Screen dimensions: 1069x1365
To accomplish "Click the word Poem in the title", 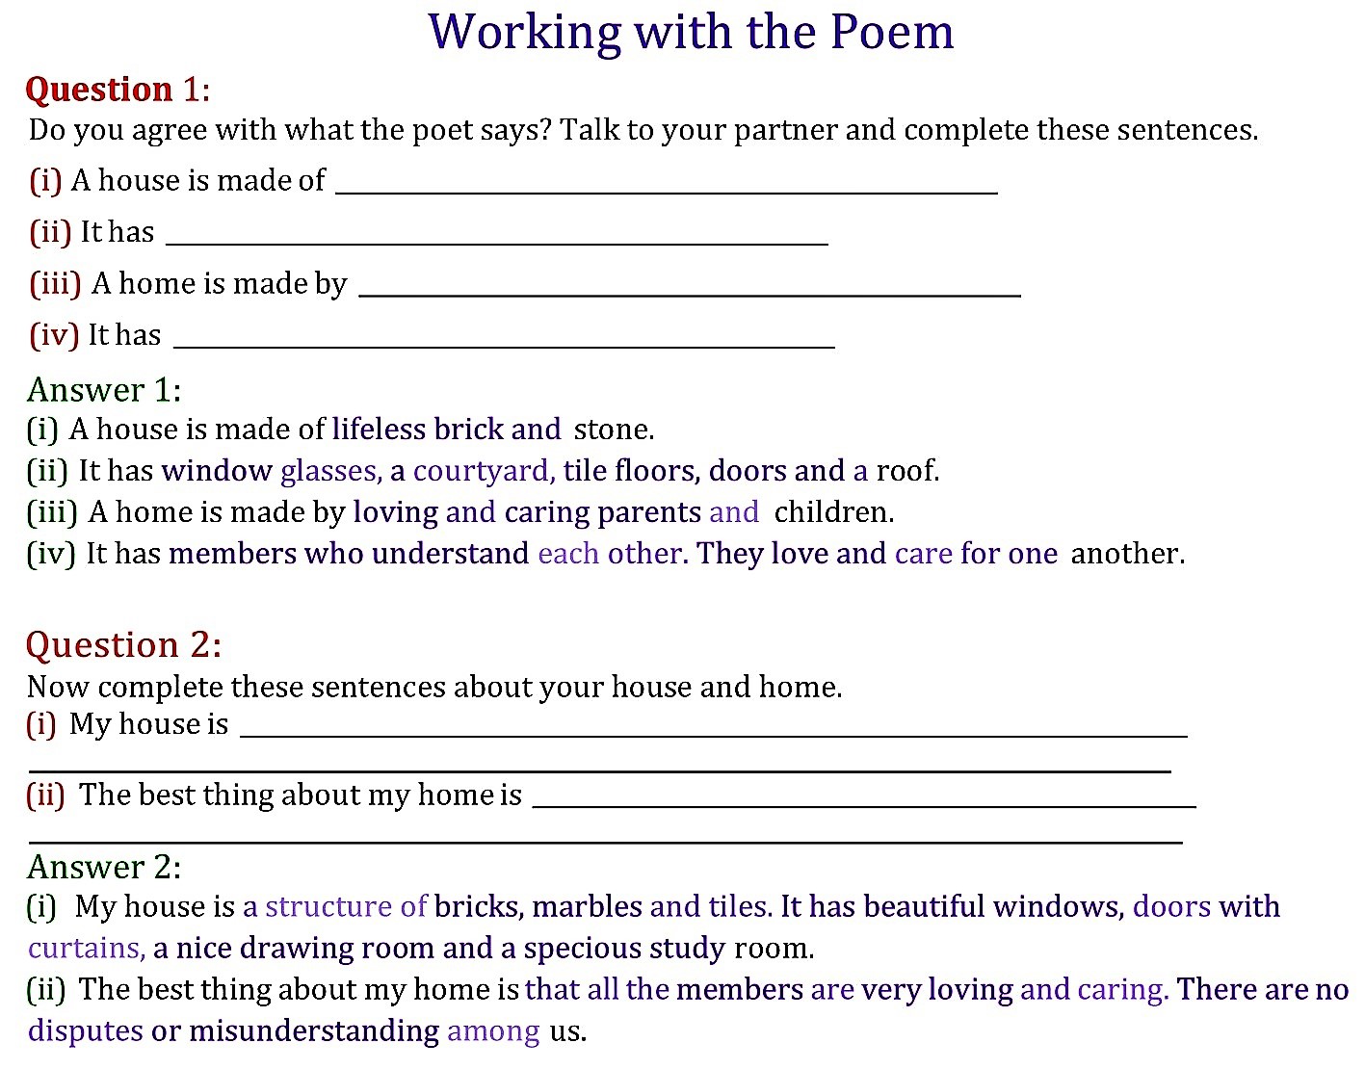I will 891,32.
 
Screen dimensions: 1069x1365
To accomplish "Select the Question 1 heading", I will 117,90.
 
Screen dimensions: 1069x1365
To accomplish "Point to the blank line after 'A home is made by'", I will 689,295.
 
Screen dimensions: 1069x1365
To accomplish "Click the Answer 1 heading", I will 104,390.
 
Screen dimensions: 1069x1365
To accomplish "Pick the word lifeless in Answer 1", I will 379,429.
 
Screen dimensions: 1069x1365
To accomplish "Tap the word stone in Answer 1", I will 612,430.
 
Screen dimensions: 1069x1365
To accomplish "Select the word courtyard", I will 484,471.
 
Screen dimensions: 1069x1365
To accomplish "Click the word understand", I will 450,554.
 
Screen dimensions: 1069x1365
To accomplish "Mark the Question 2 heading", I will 123,644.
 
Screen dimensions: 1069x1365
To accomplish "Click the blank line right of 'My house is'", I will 713,735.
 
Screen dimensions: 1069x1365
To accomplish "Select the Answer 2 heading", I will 104,867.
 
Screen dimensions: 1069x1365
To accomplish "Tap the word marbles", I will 587,907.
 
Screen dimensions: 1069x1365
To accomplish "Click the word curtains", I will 86,949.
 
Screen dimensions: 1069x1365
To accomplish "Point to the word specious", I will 583,949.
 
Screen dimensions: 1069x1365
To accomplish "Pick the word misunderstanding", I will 314,1031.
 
